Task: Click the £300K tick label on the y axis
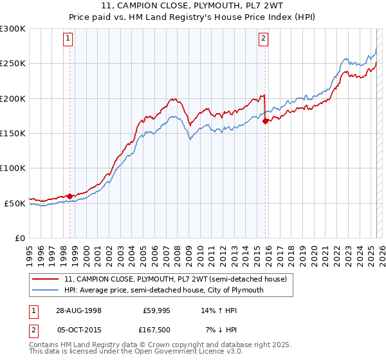(x=13, y=29)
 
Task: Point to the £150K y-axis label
(x=13, y=134)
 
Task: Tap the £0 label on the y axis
(x=19, y=238)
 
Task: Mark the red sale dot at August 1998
(x=69, y=196)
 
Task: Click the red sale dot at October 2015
(x=265, y=122)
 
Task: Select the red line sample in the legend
(x=46, y=279)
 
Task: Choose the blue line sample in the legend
(x=46, y=290)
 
